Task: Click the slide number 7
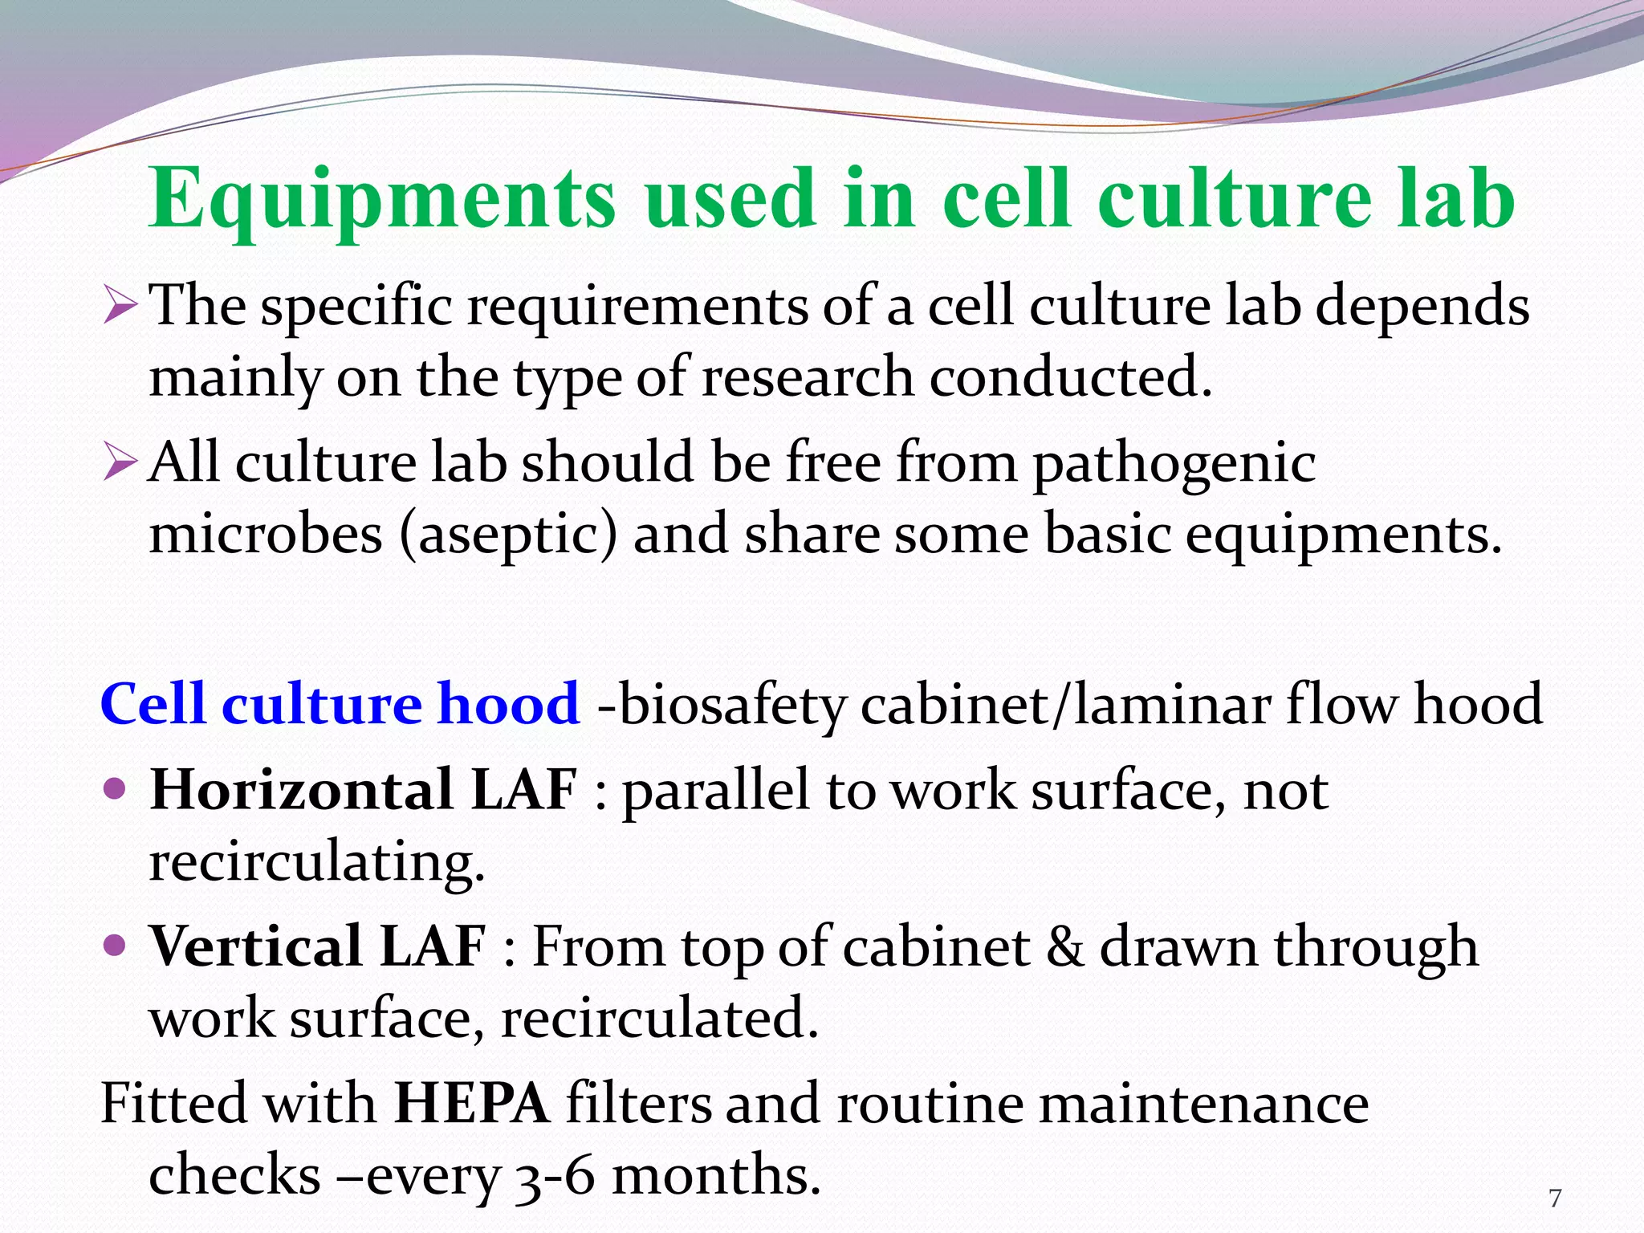1555,1198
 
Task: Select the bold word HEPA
472,1102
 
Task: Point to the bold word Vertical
256,946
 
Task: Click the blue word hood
509,704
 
